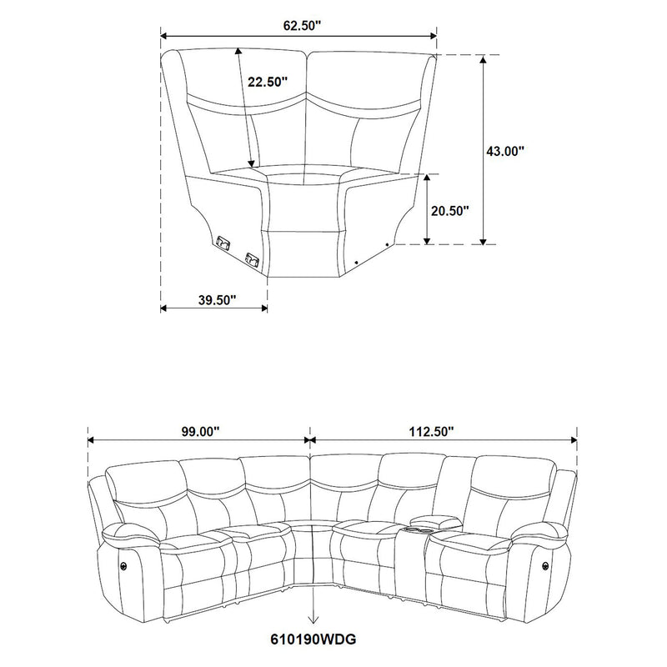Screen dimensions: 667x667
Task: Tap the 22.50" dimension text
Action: pos(268,82)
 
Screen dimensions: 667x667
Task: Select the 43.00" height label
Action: pos(505,151)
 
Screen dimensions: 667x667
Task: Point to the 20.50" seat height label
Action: pos(450,211)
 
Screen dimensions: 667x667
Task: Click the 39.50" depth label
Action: pos(215,298)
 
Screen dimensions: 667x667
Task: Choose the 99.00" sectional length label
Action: pos(198,431)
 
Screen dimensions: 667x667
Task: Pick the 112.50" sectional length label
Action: pos(431,431)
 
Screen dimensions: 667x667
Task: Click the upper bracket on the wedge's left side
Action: pos(223,243)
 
